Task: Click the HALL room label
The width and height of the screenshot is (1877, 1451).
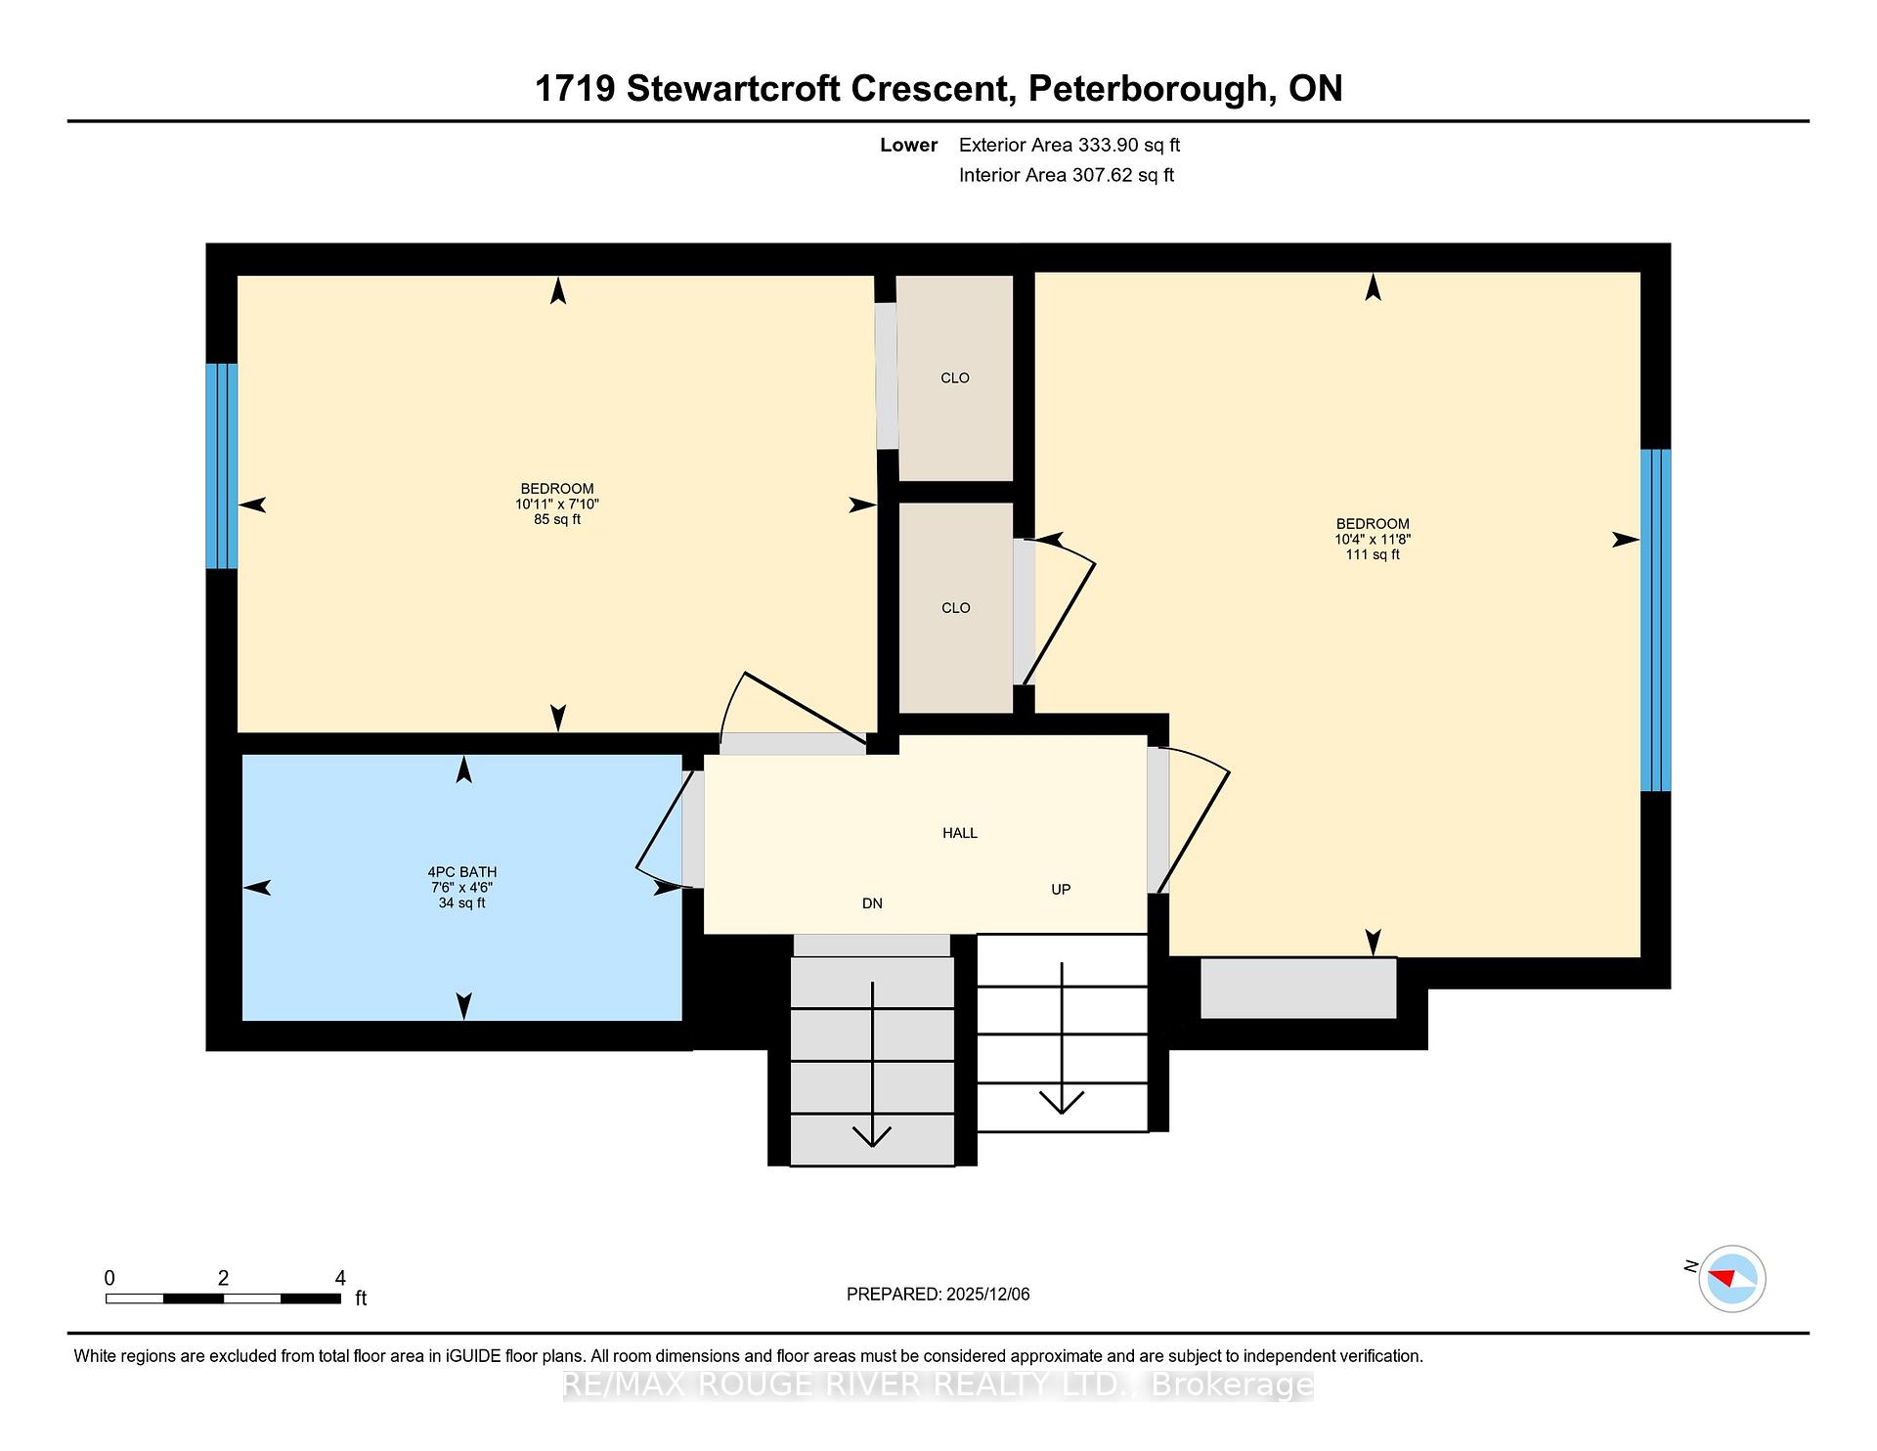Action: [x=960, y=833]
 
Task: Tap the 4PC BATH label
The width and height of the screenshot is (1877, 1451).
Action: [x=462, y=872]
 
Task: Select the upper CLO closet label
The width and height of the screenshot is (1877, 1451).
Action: [x=955, y=378]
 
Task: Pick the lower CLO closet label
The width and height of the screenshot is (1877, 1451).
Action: [x=956, y=608]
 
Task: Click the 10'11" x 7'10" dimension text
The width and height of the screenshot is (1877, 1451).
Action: [x=557, y=505]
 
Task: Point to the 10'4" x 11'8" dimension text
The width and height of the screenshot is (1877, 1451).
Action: [x=1373, y=540]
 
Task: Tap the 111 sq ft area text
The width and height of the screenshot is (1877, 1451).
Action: [x=1373, y=555]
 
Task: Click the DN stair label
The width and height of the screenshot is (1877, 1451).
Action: [x=873, y=903]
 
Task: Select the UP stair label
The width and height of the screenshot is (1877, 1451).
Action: [x=1061, y=890]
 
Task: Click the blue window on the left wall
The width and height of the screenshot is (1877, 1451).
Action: [x=222, y=466]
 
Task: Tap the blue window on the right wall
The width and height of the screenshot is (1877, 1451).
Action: [x=1656, y=620]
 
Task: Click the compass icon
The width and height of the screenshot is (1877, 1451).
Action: [x=1731, y=1279]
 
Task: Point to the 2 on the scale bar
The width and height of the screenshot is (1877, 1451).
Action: [x=224, y=1278]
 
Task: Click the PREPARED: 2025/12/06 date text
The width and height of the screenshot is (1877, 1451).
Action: [x=938, y=1295]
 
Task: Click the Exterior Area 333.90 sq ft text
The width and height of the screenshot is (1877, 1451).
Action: [x=1069, y=146]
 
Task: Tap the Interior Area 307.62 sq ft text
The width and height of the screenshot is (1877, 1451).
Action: [x=1067, y=176]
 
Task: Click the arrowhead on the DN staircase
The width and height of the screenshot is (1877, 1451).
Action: [x=872, y=1135]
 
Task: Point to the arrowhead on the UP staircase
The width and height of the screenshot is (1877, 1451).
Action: [x=1062, y=1103]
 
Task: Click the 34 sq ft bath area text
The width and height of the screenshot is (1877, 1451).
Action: [x=462, y=903]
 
